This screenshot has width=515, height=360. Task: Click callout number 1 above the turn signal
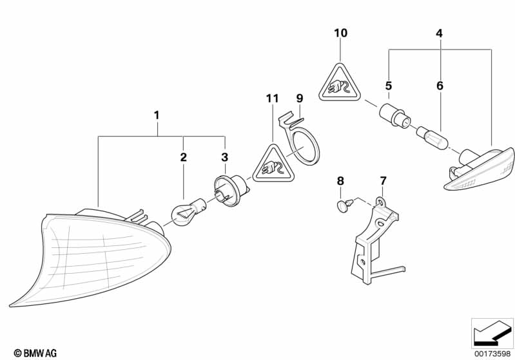(x=157, y=115)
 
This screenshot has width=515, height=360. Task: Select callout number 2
(x=183, y=157)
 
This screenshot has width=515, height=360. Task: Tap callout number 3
(x=225, y=157)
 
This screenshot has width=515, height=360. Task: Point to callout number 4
(x=439, y=33)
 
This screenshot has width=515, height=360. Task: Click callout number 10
(x=340, y=33)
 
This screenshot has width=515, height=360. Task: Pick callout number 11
(x=272, y=99)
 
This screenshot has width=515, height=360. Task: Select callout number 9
(x=300, y=99)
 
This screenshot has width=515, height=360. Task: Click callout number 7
(x=384, y=181)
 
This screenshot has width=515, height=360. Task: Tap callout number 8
(x=340, y=181)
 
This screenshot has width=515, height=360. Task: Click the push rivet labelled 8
(x=345, y=205)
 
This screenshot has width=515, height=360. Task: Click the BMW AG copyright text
(x=35, y=353)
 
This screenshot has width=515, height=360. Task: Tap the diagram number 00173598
(x=492, y=354)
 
